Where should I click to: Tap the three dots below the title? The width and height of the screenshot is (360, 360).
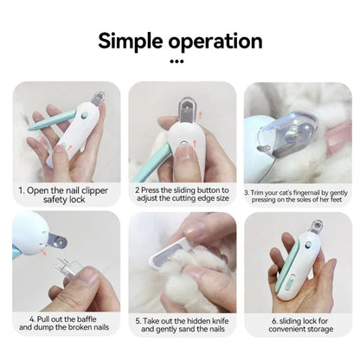click(x=179, y=62)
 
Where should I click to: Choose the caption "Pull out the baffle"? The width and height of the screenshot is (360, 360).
click(x=65, y=324)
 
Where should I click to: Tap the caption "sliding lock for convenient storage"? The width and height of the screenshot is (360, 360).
click(x=295, y=324)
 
